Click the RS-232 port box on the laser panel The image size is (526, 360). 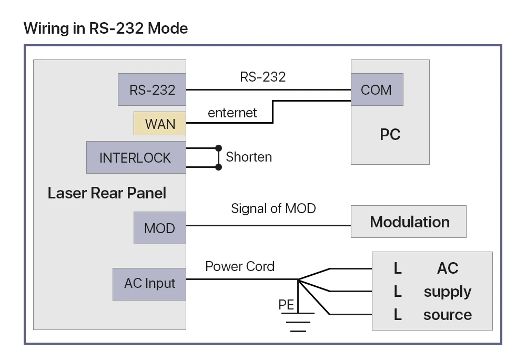point(152,89)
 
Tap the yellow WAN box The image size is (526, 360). point(160,124)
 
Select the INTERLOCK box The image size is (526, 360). point(136,157)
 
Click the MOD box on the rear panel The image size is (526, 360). point(159,228)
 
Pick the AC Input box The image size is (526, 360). point(149,284)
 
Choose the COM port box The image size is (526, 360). point(376,89)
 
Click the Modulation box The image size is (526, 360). point(409,222)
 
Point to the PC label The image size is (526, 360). point(390,134)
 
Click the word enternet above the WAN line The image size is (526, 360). point(232,113)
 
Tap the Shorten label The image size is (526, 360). point(249,157)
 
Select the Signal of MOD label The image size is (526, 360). point(274,208)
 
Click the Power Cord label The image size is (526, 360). point(240,266)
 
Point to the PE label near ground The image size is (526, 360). point(286,304)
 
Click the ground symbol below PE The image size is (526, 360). point(298,322)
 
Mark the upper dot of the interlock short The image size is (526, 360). point(218,148)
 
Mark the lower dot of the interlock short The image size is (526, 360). point(218,167)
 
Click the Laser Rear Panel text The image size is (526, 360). point(107,193)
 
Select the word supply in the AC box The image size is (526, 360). point(447,292)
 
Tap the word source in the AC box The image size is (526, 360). point(447,315)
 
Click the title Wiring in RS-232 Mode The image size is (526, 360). point(106,28)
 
